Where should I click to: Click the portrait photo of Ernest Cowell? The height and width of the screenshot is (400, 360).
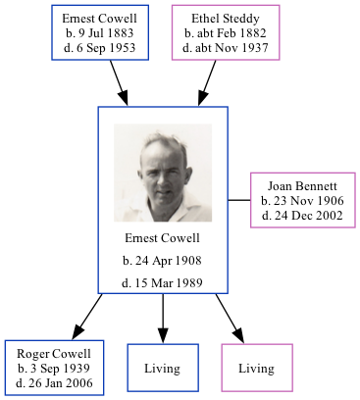163,173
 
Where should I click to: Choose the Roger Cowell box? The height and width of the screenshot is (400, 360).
54,368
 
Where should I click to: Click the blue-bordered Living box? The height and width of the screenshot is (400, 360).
163,368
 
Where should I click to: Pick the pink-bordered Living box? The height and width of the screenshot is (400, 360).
256,368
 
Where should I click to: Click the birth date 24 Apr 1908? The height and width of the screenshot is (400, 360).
163,261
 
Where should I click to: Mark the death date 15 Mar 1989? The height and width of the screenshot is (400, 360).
163,283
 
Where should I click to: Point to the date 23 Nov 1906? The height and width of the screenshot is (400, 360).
302,200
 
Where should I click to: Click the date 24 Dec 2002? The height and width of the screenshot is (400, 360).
302,215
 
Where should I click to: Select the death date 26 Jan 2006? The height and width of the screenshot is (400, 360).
54,382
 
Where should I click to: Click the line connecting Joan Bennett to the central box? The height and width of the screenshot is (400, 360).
239,199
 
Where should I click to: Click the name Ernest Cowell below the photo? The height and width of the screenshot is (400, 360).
163,238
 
